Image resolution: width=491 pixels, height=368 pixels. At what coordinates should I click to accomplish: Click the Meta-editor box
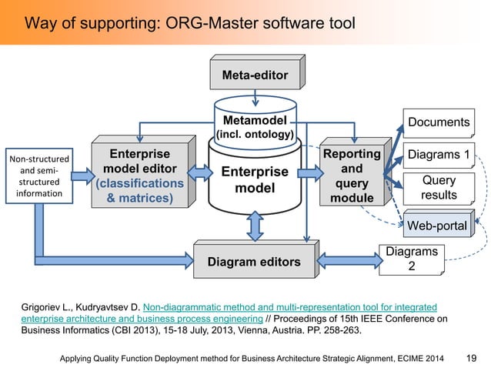255,76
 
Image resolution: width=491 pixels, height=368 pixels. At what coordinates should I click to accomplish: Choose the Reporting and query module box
352,176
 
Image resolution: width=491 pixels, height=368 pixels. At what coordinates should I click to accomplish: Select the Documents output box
439,122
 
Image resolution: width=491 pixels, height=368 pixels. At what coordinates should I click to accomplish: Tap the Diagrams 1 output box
438,155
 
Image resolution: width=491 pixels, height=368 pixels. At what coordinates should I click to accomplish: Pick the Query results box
438,187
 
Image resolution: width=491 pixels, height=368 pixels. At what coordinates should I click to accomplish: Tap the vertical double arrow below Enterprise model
255,225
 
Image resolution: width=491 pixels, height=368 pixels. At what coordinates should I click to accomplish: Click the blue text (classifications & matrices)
139,192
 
